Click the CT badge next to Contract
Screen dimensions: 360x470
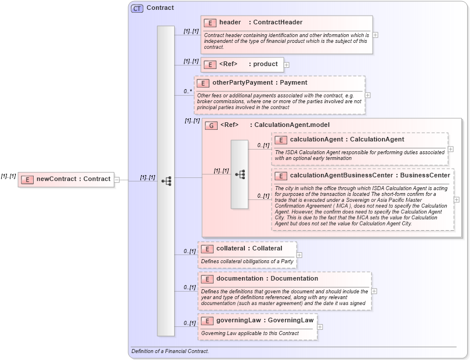(x=137, y=8)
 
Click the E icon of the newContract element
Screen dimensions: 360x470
(x=27, y=179)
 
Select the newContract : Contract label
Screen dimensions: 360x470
(x=73, y=179)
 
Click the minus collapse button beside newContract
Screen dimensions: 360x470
(x=117, y=179)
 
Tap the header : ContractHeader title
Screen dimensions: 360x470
(x=261, y=23)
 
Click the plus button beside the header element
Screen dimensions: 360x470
(x=375, y=35)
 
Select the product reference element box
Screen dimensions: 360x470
(x=242, y=64)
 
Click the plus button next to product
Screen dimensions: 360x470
(x=287, y=64)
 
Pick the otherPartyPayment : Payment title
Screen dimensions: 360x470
(x=259, y=83)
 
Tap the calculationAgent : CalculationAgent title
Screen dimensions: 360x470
(x=346, y=140)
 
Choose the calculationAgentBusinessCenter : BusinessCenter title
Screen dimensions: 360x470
(x=370, y=176)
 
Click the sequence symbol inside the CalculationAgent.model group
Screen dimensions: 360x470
(x=240, y=174)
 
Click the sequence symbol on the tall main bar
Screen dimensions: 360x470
(x=166, y=181)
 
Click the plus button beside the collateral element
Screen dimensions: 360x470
(x=299, y=254)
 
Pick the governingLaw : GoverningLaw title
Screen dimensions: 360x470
(x=265, y=320)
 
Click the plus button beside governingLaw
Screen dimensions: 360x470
(x=320, y=326)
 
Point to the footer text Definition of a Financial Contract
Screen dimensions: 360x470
(x=170, y=351)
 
